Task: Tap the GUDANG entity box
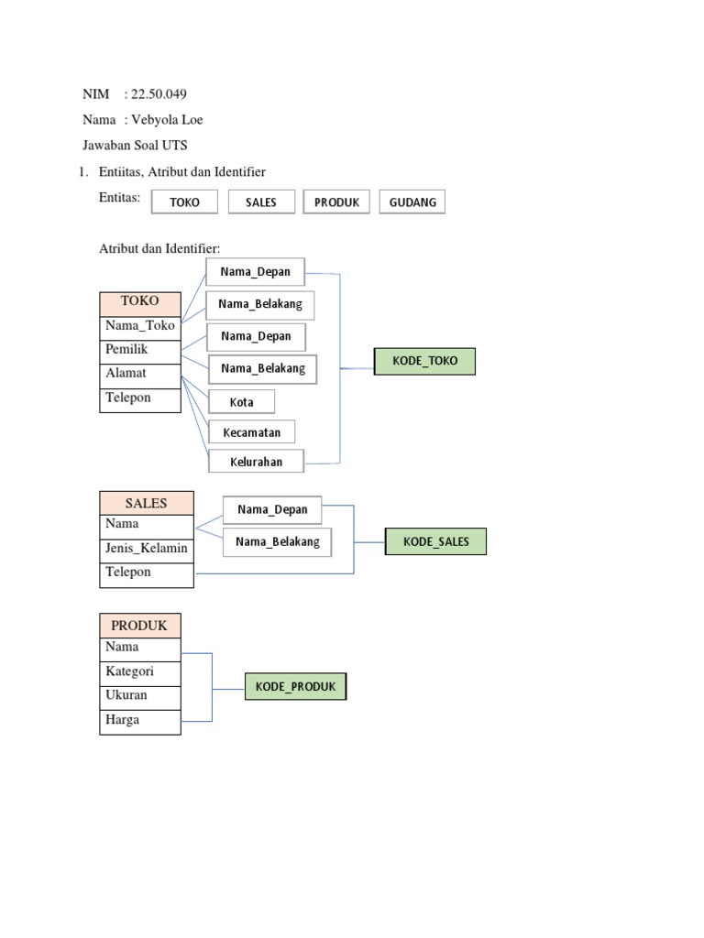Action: (x=412, y=202)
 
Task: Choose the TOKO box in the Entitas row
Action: (x=184, y=202)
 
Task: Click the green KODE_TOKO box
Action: (x=424, y=362)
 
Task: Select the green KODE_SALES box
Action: (x=435, y=541)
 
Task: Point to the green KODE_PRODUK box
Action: (x=295, y=686)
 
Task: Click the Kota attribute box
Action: (x=242, y=402)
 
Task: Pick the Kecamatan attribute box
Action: (x=252, y=431)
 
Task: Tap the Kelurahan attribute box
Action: (x=256, y=462)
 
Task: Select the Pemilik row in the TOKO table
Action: (x=140, y=350)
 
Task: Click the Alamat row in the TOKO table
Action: (x=140, y=374)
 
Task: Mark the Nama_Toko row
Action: (x=140, y=326)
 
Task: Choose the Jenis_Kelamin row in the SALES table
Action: (x=147, y=549)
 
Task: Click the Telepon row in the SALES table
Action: (x=147, y=573)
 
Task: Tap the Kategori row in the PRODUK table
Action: (x=140, y=671)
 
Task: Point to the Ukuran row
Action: (x=140, y=695)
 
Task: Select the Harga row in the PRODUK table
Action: (x=140, y=720)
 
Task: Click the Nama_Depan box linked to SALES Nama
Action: (x=272, y=509)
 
